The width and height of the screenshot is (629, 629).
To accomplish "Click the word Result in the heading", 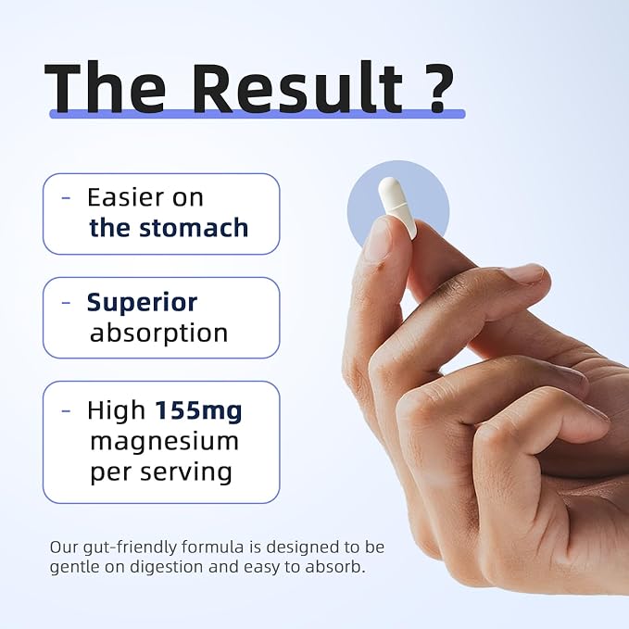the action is click(x=299, y=87).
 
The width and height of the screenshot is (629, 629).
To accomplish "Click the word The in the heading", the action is click(x=105, y=87).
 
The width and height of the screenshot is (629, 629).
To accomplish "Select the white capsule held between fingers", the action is click(x=398, y=208).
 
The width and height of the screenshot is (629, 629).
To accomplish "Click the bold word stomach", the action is click(x=194, y=228).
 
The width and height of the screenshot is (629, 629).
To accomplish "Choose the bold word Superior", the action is click(x=142, y=303).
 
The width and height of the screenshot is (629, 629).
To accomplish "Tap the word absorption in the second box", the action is click(x=158, y=333).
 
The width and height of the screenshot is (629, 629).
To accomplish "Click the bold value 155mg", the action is click(x=198, y=411).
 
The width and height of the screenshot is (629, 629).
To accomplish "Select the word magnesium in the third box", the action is click(x=165, y=441).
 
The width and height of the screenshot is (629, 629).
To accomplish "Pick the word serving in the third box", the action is click(x=186, y=472).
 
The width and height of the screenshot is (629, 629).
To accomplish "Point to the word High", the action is click(x=117, y=410).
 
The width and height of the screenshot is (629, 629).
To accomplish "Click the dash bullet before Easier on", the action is click(x=66, y=197).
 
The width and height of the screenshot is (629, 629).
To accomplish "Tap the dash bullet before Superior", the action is click(x=66, y=302).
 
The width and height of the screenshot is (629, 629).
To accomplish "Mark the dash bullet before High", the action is click(x=66, y=410).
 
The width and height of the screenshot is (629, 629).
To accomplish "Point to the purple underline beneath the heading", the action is click(x=258, y=114).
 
